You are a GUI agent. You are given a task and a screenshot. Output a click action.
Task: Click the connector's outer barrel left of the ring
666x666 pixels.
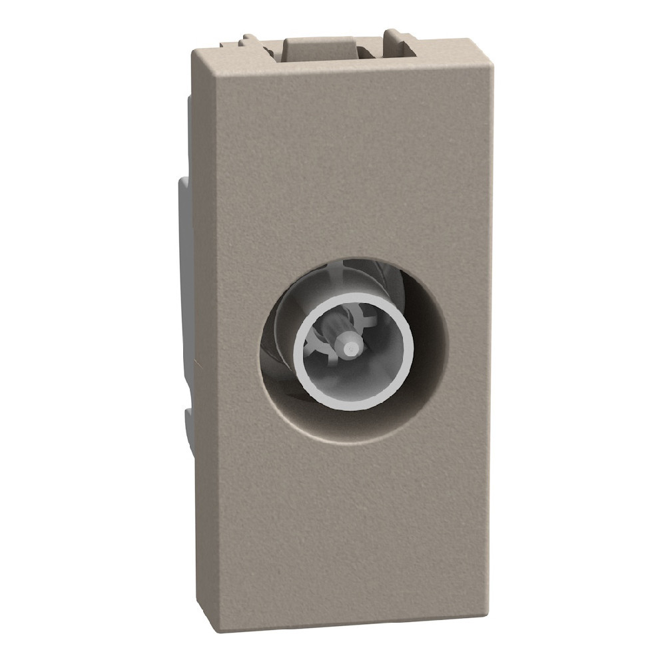tap(286, 333)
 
